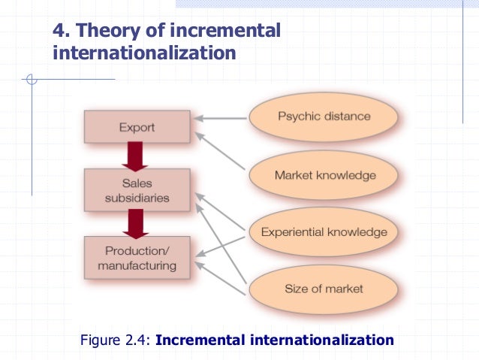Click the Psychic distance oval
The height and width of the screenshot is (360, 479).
324,116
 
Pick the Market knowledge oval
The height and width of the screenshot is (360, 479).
324,175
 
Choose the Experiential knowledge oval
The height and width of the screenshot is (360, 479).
324,231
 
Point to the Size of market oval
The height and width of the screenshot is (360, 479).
324,289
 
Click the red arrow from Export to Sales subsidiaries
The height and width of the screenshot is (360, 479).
137,156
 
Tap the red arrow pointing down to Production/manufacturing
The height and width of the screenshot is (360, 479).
137,222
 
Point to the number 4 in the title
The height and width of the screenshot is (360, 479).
57,32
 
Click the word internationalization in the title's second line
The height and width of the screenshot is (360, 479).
143,53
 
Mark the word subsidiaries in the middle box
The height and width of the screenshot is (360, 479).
137,198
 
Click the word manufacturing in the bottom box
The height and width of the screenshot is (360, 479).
137,265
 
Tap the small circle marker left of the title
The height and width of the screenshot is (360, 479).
30,79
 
